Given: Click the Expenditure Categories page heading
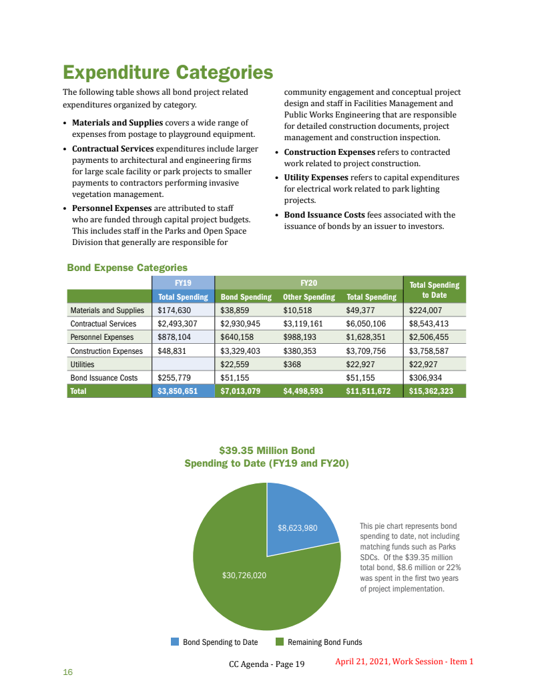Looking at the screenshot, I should [168, 72].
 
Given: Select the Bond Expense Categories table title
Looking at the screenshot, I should [127, 268].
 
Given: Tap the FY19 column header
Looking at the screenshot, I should [183, 283].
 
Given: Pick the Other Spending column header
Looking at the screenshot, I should [308, 297].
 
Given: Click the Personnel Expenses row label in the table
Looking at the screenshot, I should [102, 337].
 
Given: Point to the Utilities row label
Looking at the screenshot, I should [82, 365].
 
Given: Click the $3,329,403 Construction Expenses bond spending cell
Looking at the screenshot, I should [240, 351].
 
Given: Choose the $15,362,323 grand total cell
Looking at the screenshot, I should [431, 391].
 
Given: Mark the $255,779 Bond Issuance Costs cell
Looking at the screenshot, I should [174, 378].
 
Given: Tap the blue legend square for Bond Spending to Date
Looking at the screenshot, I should [175, 642].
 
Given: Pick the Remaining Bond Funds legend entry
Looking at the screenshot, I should [324, 642].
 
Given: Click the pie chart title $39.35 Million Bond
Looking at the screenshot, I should [267, 451].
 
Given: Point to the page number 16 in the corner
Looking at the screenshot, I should [67, 672].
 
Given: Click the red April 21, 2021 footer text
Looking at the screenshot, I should [404, 662].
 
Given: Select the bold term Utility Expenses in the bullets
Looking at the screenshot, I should [316, 178].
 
